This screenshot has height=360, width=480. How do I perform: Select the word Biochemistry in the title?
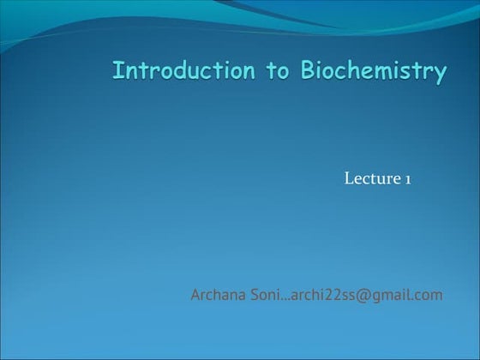coord(373,72)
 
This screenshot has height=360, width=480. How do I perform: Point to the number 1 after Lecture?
coord(410,178)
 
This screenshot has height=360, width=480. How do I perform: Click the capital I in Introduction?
coord(117,70)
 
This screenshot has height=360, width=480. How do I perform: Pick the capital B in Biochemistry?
coord(307,70)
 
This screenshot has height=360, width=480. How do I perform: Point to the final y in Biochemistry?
coord(439,74)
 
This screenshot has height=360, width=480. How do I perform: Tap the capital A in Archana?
coord(196,296)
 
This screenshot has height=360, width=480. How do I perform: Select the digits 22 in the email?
coord(330,296)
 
